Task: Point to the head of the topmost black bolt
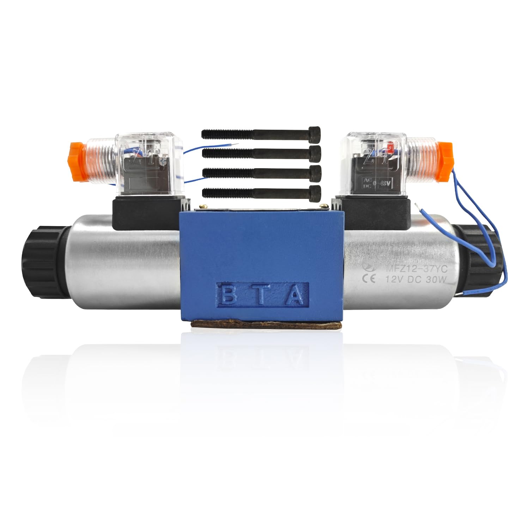315,133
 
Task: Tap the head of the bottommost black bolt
315,192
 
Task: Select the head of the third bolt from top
315,172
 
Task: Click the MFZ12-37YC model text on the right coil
416,269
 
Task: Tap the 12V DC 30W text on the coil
416,280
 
